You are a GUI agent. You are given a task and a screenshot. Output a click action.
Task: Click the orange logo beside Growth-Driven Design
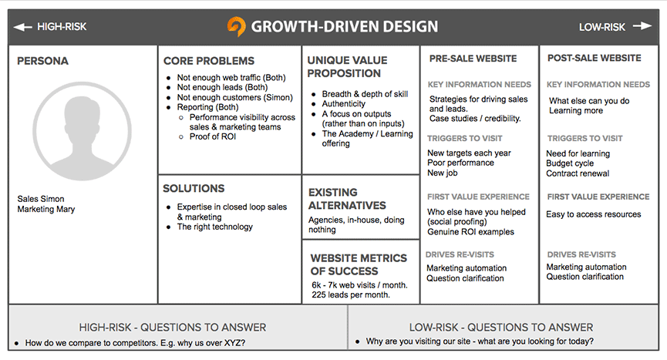click(236, 26)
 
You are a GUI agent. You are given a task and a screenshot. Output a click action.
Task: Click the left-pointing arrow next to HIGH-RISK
click(22, 27)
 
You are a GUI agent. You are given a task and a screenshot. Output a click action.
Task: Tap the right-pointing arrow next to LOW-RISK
click(642, 26)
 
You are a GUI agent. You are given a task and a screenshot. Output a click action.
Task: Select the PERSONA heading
click(42, 61)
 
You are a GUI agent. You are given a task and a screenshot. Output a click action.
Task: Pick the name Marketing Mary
click(46, 209)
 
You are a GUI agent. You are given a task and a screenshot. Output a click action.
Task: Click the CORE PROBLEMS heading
click(208, 61)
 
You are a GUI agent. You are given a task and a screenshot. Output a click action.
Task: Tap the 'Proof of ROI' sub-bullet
click(212, 137)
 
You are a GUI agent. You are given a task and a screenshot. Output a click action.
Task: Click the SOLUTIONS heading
click(194, 188)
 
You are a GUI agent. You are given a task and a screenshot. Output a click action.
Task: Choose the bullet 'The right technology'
click(214, 227)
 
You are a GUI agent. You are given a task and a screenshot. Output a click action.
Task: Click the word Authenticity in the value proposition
click(344, 104)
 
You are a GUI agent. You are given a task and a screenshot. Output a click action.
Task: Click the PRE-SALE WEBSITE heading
click(473, 58)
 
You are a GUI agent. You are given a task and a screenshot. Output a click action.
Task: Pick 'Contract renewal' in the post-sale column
click(578, 173)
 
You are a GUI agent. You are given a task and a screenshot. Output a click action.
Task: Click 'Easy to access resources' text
click(594, 214)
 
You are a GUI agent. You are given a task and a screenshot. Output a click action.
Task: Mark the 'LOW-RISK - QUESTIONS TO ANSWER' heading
click(506, 328)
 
